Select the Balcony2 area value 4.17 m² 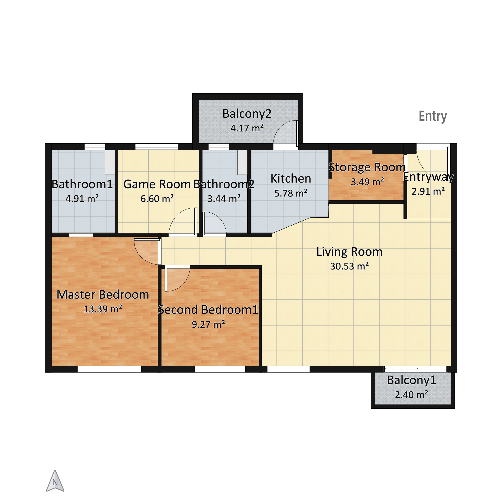tap(247, 128)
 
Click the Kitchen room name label tap(291, 179)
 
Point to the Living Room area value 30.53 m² tap(349, 266)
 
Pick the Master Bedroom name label tap(103, 294)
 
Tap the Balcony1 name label tap(411, 380)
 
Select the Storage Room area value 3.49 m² tap(368, 182)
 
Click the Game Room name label tap(157, 184)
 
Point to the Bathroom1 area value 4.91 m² tap(82, 199)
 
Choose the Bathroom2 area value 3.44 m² tap(224, 199)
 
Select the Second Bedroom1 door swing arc tap(184, 283)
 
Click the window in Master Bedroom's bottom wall tap(109, 369)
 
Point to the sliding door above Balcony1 tap(416, 369)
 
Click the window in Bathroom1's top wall tap(95, 147)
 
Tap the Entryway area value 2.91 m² tap(428, 192)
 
